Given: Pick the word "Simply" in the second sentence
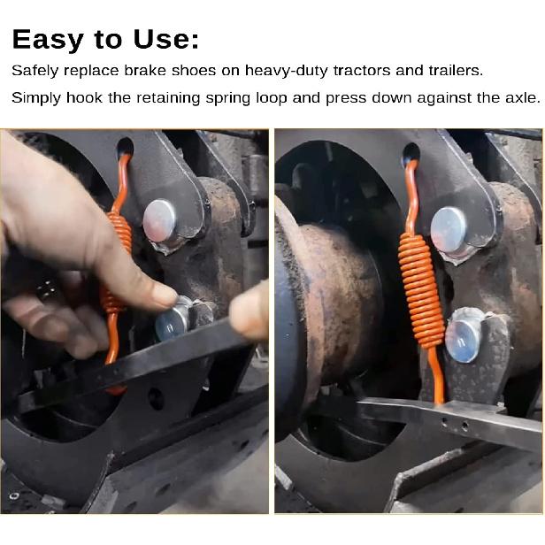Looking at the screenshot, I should coord(36,97).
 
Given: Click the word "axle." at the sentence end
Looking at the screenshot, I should coord(519,97).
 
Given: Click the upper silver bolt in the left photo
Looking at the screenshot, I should coord(160,219).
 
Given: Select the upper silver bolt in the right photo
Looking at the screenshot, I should coord(449,227).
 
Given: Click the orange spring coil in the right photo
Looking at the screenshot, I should coord(421,288).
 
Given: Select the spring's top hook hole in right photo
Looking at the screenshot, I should coord(411,151).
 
